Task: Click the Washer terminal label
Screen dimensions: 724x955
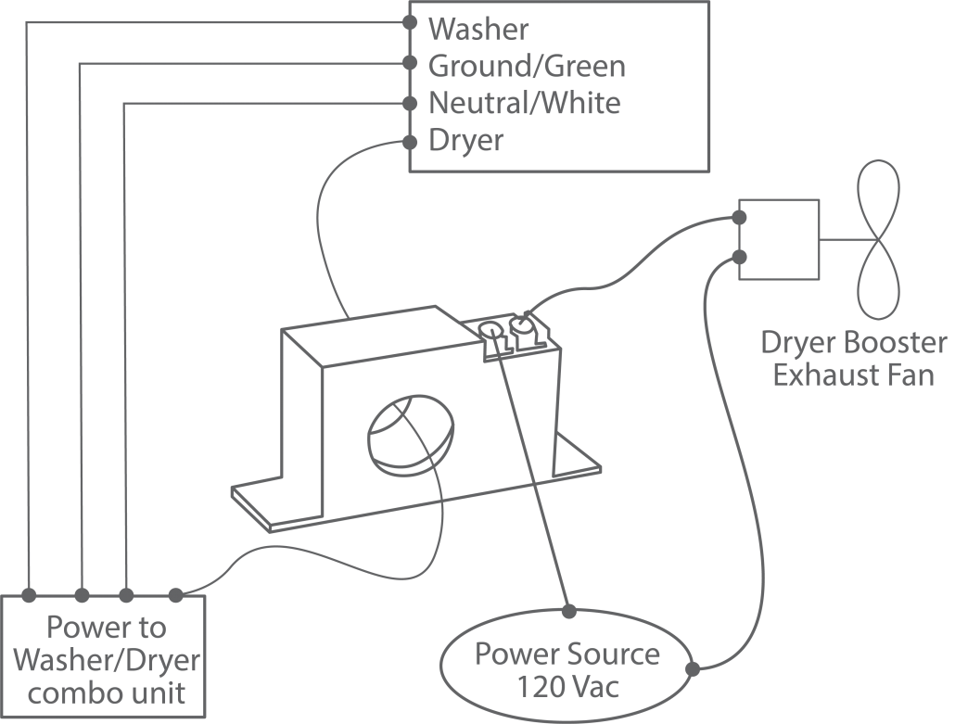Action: [478, 29]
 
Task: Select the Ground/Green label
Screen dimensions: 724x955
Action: [527, 66]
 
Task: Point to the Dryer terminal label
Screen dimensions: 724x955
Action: [466, 141]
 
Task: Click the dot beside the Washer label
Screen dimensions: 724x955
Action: [410, 21]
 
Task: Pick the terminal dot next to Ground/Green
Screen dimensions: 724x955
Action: [410, 64]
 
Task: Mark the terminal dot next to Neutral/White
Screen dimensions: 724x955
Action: [410, 102]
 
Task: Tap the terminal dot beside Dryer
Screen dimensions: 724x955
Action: [410, 142]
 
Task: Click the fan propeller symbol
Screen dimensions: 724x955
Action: [877, 240]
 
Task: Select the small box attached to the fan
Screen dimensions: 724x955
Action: [779, 240]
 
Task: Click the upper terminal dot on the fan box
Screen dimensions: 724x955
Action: [740, 218]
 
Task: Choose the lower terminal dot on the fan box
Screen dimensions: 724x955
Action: [740, 256]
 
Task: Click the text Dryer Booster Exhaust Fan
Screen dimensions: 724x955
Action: [854, 359]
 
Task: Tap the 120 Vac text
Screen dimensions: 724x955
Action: [567, 689]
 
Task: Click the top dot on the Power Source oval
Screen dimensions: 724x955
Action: [567, 610]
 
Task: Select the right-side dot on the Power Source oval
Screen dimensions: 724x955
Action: [691, 667]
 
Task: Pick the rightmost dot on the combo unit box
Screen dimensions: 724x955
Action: [175, 592]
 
